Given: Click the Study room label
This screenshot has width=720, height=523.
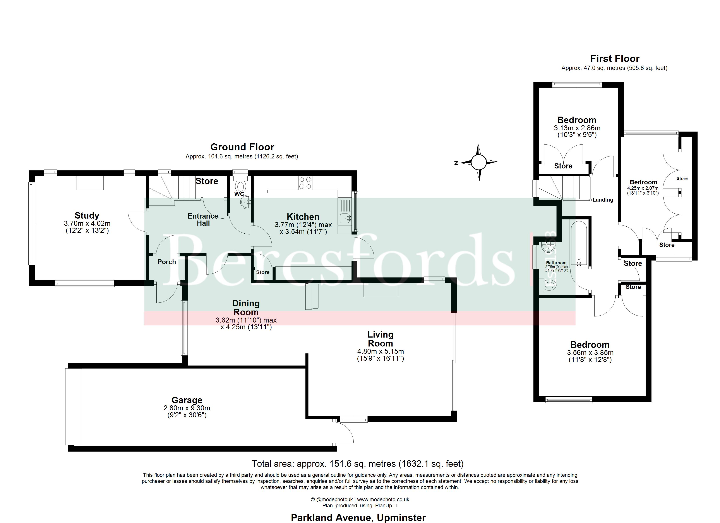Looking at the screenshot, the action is coord(87,216).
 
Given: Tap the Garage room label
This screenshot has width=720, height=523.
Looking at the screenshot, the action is coord(187,400).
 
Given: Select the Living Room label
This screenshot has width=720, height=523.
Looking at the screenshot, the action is coord(380,339).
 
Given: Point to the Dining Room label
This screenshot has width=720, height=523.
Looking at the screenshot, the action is coord(246,308).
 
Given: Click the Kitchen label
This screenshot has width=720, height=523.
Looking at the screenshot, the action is coord(303,217).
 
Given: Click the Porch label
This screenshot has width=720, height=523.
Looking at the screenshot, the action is coord(167,262).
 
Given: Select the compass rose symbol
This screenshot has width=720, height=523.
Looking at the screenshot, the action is coord(479,162).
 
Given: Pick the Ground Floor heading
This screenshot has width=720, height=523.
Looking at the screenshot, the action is coord(242,147).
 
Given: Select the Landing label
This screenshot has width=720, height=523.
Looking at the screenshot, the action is coord(603,200).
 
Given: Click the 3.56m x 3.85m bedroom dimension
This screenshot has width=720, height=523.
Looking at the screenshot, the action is coord(590,353).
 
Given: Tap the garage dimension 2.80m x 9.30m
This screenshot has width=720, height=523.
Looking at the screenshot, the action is coord(187,408).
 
